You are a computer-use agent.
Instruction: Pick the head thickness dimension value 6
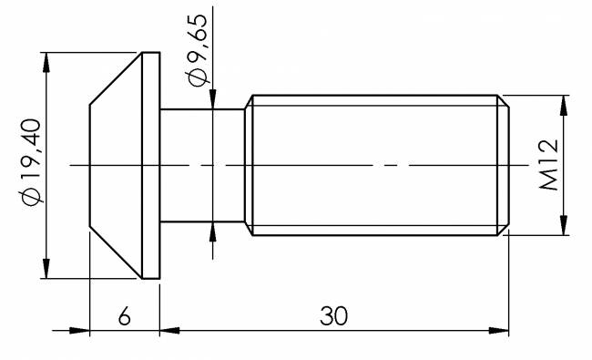point(125,315)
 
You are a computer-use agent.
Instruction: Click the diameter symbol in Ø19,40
point(27,198)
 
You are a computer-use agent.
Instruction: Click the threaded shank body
point(373,165)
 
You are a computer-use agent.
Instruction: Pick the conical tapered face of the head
point(114,165)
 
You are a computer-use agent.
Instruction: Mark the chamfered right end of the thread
point(502,165)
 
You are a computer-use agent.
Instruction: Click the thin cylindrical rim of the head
point(151,165)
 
